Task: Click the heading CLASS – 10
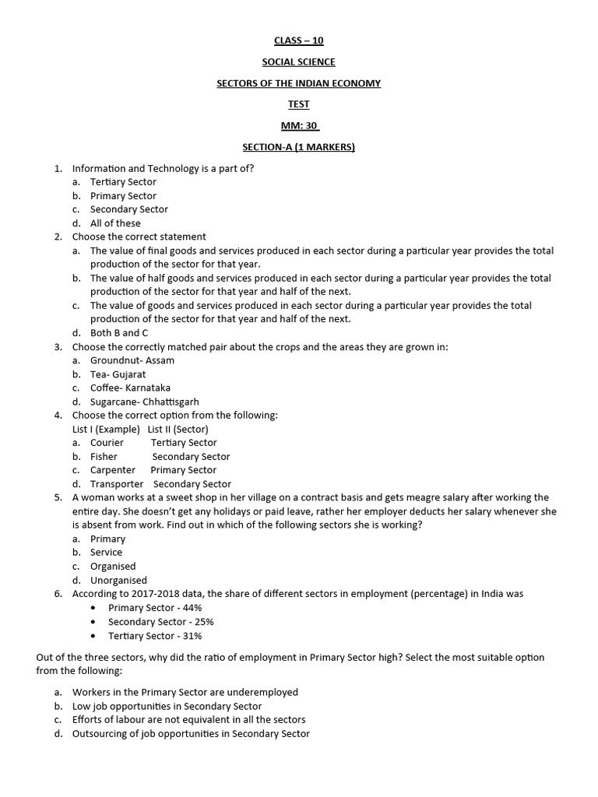[x=298, y=41]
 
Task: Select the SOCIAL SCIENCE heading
[x=298, y=62]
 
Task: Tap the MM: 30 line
[x=300, y=125]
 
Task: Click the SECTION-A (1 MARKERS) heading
[x=298, y=146]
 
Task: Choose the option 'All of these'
[x=115, y=223]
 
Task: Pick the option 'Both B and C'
[x=118, y=333]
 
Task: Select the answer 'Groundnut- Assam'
[x=132, y=360]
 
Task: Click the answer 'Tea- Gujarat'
[x=118, y=374]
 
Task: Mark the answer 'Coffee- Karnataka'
[x=130, y=388]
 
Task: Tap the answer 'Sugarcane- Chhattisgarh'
[x=144, y=402]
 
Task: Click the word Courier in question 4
[x=107, y=443]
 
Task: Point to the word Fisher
[x=104, y=457]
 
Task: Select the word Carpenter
[x=113, y=470]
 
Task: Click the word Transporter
[x=117, y=484]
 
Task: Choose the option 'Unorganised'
[x=118, y=580]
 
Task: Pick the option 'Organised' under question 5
[x=113, y=567]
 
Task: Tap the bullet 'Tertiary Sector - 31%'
[x=155, y=636]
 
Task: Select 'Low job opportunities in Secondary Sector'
[x=167, y=706]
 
